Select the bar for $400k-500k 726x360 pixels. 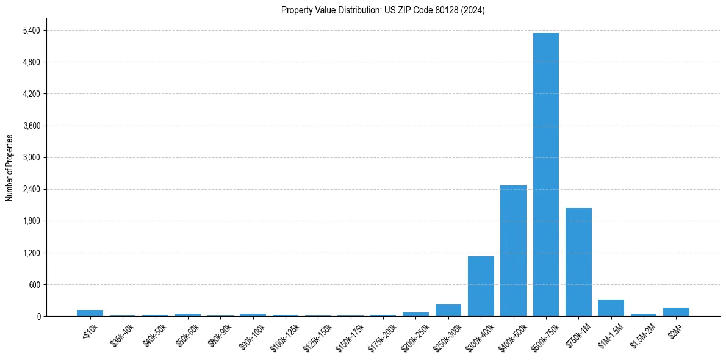[513, 251]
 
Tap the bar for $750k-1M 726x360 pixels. [578, 262]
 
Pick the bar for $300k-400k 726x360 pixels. [481, 286]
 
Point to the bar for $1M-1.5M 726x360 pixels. [611, 308]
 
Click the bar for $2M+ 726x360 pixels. [676, 312]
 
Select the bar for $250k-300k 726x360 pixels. [448, 311]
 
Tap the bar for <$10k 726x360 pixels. [90, 313]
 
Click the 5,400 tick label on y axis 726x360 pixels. [31, 31]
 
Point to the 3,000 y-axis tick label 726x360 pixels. [31, 157]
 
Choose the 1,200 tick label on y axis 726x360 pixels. [31, 253]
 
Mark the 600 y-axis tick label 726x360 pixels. [34, 284]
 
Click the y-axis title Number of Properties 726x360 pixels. [9, 168]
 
